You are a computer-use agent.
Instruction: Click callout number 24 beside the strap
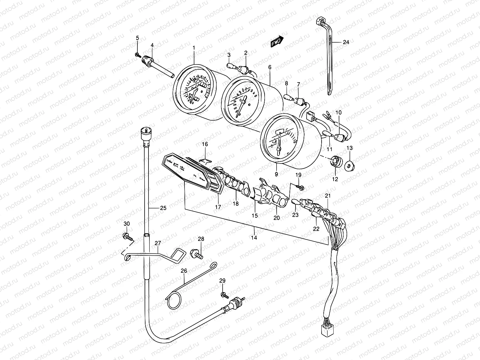[x=346, y=42]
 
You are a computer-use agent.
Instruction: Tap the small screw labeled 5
[x=138, y=55]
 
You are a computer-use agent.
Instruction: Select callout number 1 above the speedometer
[x=194, y=48]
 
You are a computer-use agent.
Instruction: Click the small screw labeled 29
[x=224, y=295]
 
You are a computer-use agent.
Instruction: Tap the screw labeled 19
[x=300, y=187]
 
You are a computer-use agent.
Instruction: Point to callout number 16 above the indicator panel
[x=205, y=144]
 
